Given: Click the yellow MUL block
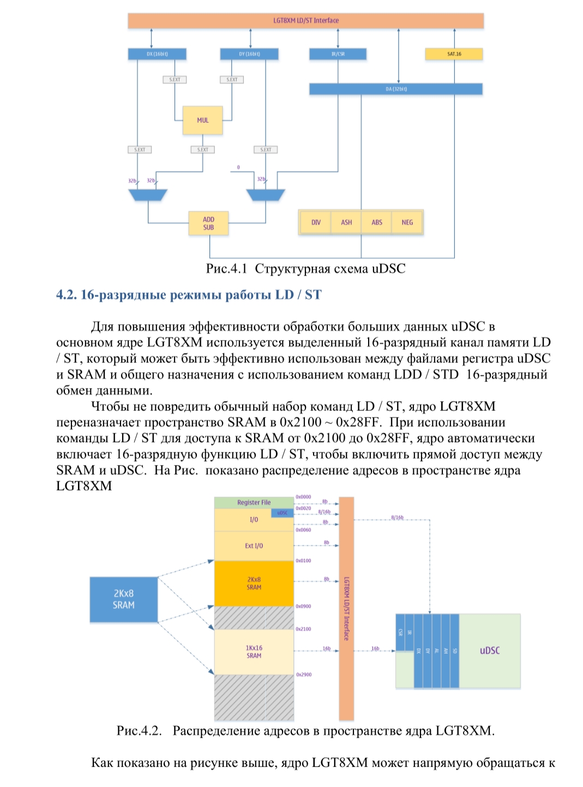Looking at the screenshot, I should (x=203, y=120).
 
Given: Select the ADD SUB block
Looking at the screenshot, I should (x=208, y=223).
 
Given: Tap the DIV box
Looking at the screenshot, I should (x=316, y=222).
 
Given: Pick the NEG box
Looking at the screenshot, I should (x=407, y=222).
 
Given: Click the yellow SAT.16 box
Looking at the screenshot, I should (x=454, y=54).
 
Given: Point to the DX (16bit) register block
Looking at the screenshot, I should (x=157, y=54).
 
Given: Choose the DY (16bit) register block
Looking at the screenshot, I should (x=249, y=54).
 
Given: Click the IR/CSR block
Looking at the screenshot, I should (x=338, y=54).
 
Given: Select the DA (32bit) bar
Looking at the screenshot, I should (x=396, y=89).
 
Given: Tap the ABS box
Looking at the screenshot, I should (x=377, y=222).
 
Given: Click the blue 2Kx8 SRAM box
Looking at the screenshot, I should (x=124, y=599).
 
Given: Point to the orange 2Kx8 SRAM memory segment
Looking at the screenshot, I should (x=254, y=583).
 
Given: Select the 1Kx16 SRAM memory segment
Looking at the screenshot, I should (x=254, y=652).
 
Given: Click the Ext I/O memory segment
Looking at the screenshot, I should (x=254, y=546).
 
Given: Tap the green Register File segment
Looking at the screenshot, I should (x=254, y=503).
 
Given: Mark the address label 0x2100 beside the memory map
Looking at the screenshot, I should (x=303, y=629).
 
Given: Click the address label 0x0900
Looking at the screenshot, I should (x=303, y=606).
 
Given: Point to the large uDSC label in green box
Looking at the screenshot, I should (x=490, y=651).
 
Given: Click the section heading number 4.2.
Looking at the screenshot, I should (x=67, y=295).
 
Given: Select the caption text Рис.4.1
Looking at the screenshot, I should (x=226, y=269).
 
